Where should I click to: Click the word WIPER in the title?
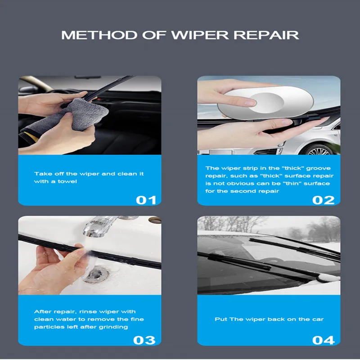point(200,35)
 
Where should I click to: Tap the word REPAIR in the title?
point(266,35)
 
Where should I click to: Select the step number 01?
point(146,200)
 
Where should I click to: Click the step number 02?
point(323,200)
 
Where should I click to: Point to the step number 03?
point(144,340)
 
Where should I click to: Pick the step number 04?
point(323,340)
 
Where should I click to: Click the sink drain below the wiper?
point(96,274)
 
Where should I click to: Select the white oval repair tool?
point(265,102)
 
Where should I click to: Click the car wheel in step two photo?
point(319,150)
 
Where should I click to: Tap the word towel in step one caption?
point(67,181)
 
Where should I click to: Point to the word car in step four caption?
point(318,319)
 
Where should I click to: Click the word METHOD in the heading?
point(99,35)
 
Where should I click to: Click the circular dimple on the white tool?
point(267,103)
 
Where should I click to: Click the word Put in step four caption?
point(220,319)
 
